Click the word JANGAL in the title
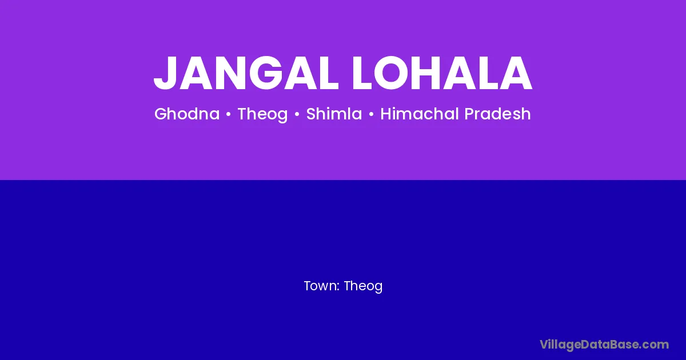[x=246, y=73]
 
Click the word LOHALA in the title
[x=442, y=73]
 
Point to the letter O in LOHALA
[x=390, y=73]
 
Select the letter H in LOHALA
[x=428, y=73]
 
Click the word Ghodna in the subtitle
[x=187, y=114]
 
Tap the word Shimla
[x=334, y=114]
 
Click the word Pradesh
[x=498, y=114]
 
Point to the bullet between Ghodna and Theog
[x=228, y=114]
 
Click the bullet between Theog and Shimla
[x=297, y=114]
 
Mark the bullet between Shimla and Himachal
[x=371, y=114]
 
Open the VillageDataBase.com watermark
[x=604, y=345]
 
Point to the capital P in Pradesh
[x=469, y=114]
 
